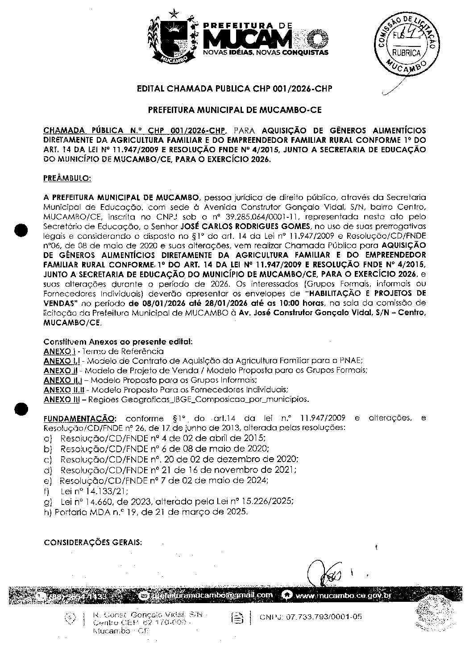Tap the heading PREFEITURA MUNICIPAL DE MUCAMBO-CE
coord(235,109)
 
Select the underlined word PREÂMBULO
coord(67,178)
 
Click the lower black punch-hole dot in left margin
coord(21,408)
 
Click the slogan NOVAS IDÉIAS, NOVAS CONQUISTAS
coord(266,53)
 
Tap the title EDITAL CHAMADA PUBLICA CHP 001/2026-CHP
coord(235,89)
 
